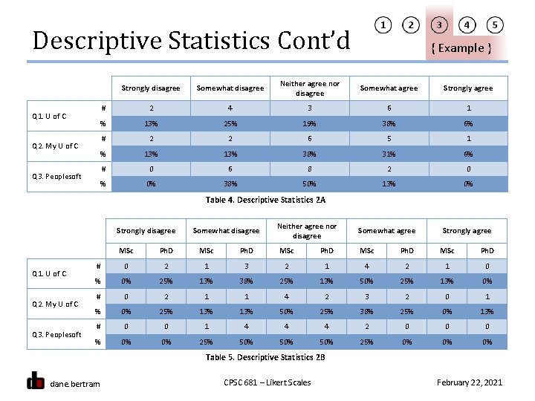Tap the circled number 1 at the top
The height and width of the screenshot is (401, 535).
(x=383, y=25)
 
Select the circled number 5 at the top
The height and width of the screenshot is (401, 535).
(x=495, y=25)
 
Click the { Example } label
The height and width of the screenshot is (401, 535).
(x=461, y=48)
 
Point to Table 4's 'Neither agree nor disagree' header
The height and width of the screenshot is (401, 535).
(x=309, y=88)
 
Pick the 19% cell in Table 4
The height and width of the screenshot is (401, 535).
(x=309, y=123)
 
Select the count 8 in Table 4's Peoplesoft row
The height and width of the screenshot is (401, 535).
(x=309, y=169)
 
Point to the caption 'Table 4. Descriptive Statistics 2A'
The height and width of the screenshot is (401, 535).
(x=265, y=200)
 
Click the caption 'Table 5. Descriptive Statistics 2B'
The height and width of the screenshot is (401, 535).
(x=265, y=357)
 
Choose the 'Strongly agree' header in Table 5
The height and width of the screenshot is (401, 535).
(x=467, y=231)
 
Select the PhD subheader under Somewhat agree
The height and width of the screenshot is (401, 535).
(x=407, y=250)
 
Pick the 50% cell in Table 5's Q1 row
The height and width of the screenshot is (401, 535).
(x=367, y=281)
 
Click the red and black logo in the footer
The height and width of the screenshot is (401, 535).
(x=36, y=380)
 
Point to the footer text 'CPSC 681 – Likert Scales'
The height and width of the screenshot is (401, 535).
(x=267, y=382)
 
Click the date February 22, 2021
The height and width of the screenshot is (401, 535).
(x=470, y=382)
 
